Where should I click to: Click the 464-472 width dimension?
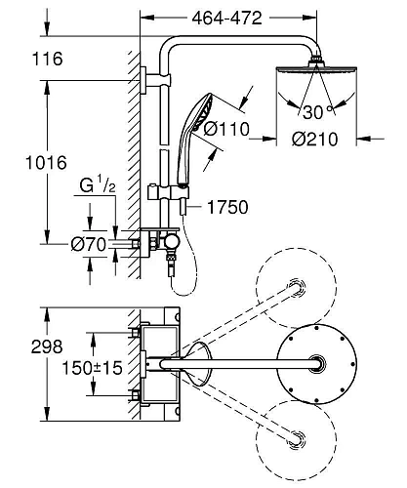(x=226, y=19)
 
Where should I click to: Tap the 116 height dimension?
(x=48, y=59)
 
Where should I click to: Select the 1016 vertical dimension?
(x=46, y=162)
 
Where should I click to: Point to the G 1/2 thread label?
(x=98, y=186)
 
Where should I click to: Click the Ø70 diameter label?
(x=89, y=244)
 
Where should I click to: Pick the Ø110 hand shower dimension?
(x=226, y=129)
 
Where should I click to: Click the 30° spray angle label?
(x=318, y=112)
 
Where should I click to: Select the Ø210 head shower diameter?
(x=315, y=140)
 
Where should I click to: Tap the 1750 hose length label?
(x=227, y=207)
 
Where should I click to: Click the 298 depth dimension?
(x=47, y=346)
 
